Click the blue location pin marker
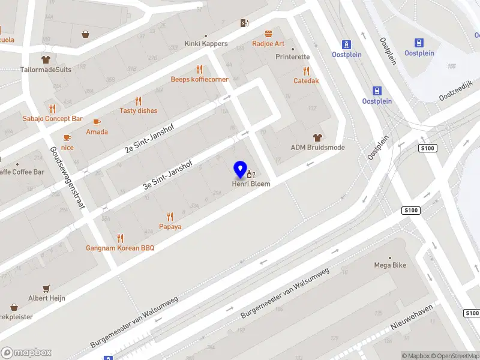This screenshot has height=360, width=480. coord(240,169)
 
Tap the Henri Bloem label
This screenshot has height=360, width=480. coord(251,184)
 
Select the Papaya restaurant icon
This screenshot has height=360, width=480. coord(170,217)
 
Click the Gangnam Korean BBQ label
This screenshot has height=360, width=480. coord(121,248)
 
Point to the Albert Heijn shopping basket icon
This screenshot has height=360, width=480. coord(46,289)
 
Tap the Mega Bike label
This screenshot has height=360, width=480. coord(391,265)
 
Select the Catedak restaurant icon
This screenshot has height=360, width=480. coord(306,71)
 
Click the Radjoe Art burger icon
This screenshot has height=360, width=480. coord(268,34)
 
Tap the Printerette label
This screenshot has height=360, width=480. coord(293,57)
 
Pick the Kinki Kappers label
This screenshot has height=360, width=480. coord(206,44)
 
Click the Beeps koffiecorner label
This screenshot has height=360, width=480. coord(199,79)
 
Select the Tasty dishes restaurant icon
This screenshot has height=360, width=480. coord(139,101)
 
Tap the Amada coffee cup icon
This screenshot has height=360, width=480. coord(97,122)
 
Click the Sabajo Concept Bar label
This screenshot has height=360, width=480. coord(53,119)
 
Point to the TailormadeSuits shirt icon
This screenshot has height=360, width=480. coord(46,60)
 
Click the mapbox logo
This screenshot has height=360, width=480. coord(26,353)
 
